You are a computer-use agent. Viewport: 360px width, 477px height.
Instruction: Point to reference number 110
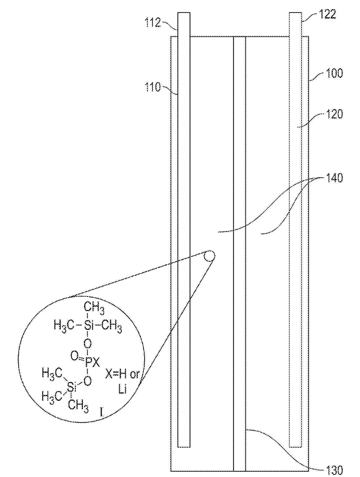(152, 88)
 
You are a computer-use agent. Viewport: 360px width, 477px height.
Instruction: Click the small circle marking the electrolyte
(209, 256)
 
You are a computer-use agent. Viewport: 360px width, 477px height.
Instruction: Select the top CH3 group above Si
(94, 308)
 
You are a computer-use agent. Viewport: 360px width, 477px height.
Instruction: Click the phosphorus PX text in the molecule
(92, 362)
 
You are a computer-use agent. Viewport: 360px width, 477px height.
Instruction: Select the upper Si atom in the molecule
(88, 325)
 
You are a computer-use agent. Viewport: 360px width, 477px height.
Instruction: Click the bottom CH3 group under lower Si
(78, 406)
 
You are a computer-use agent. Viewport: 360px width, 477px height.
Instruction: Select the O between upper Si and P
(88, 344)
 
